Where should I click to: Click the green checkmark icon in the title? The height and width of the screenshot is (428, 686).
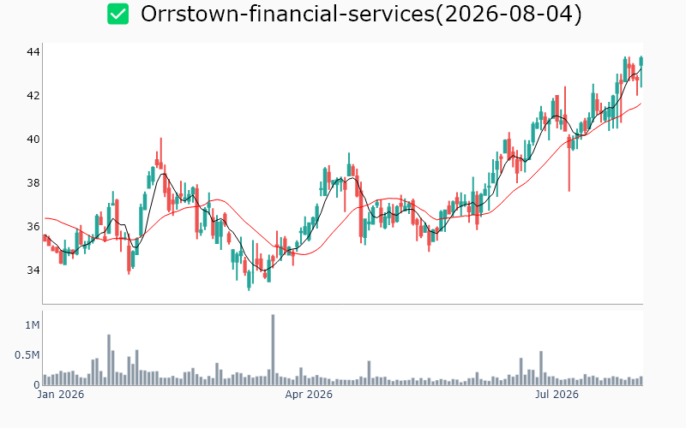[x=118, y=14]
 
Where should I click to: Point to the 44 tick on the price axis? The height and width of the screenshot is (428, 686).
[x=33, y=52]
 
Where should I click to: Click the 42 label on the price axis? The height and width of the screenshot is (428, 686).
[x=33, y=96]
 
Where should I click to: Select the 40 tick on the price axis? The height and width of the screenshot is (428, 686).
[x=33, y=140]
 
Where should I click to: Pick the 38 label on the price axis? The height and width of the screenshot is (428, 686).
[x=33, y=183]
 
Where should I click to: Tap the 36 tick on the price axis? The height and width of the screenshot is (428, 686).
[x=33, y=227]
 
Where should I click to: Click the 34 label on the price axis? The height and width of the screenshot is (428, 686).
[x=33, y=270]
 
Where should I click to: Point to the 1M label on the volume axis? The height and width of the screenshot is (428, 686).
[x=33, y=325]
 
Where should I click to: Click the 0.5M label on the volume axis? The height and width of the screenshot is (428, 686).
[x=27, y=355]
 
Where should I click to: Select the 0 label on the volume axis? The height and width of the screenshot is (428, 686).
[x=37, y=385]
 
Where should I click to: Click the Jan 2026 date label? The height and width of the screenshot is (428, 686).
[x=61, y=395]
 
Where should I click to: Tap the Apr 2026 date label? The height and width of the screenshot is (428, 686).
[x=309, y=395]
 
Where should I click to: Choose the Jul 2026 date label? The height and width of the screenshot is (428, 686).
[x=557, y=395]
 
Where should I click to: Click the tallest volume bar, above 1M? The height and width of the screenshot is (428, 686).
[x=273, y=350]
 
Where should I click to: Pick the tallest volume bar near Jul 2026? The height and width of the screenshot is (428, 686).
[x=541, y=368]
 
